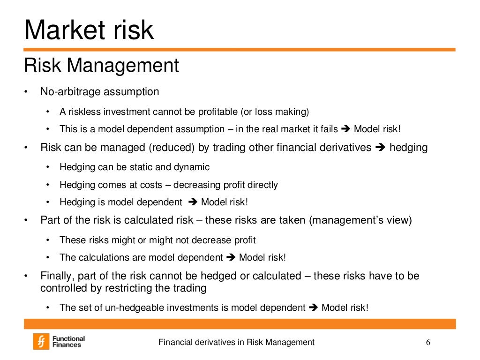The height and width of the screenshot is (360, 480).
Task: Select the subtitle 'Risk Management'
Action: coord(101,65)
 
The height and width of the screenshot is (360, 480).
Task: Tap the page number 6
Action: coord(427,342)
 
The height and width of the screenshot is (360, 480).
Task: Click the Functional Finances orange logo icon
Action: coord(41,341)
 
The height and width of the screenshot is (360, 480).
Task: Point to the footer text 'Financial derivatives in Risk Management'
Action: coord(236,342)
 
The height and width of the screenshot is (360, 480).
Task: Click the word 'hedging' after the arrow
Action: coord(408,148)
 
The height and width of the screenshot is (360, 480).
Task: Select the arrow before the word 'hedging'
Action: coord(380,148)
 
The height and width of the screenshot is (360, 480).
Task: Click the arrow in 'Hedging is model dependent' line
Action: coord(193,202)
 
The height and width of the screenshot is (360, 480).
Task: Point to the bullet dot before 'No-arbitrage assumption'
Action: coord(27,92)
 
